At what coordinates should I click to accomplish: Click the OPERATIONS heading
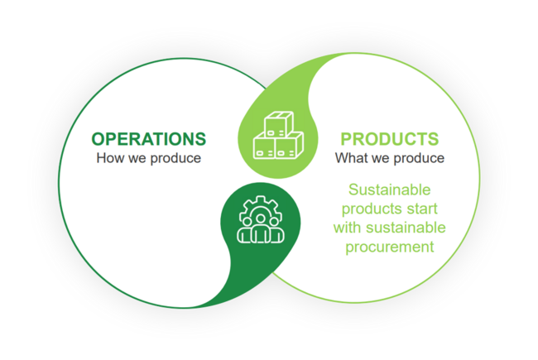(x=148, y=138)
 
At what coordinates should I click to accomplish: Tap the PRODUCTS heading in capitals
(x=389, y=139)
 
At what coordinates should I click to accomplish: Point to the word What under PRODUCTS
(x=351, y=157)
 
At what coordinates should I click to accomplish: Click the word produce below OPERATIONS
(x=176, y=158)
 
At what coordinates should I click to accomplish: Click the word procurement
(x=390, y=247)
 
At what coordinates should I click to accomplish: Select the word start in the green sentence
(x=431, y=208)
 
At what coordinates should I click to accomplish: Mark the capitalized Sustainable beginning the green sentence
(x=390, y=189)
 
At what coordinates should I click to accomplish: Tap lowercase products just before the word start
(x=371, y=208)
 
